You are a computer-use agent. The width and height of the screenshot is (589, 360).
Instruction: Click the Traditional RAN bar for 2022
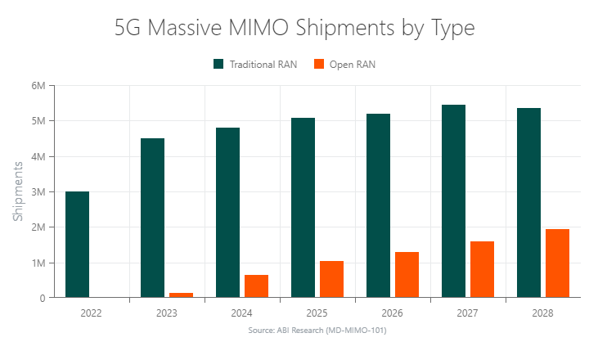pos(77,245)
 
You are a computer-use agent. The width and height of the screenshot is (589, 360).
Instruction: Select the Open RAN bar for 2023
pos(181,295)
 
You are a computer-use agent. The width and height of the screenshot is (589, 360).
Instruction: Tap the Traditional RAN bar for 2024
pos(227,213)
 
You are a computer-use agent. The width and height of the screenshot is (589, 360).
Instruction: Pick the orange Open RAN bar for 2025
pos(331,279)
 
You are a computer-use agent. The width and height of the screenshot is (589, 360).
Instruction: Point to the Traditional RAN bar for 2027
pos(453,201)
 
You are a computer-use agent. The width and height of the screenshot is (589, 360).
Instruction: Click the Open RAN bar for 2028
pos(557,263)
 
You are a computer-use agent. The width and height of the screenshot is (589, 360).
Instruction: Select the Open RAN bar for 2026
pos(407,275)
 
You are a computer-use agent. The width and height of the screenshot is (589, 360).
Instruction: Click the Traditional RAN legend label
pos(263,65)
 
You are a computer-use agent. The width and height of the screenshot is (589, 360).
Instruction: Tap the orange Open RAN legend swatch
pos(319,65)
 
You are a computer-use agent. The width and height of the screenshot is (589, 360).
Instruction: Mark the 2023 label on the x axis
pos(167,313)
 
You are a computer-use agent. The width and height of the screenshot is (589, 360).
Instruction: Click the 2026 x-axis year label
pos(393,313)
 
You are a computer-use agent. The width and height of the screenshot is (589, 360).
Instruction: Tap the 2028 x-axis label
pos(543,313)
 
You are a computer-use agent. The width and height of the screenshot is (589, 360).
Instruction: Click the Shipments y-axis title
pos(18,191)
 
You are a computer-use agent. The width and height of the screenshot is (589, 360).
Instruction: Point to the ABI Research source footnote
pos(317,331)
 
